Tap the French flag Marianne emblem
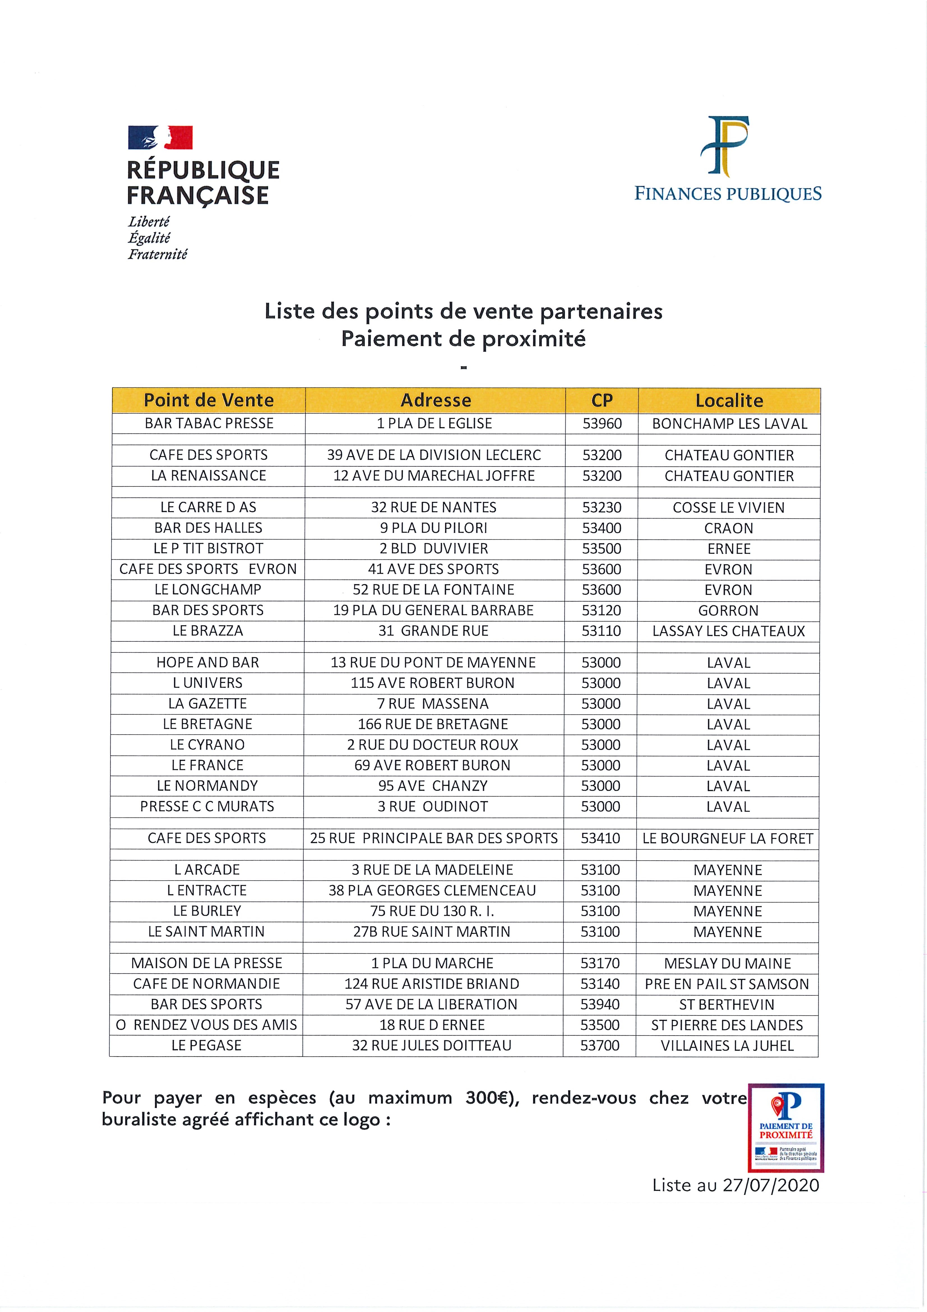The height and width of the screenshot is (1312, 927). [x=160, y=138]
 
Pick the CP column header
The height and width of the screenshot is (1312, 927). [x=602, y=400]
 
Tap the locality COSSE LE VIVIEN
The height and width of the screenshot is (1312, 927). [x=729, y=507]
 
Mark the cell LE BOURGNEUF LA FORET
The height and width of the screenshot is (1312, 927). [x=727, y=838]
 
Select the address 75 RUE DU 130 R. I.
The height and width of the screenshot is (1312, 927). [x=432, y=911]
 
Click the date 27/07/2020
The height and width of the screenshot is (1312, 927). [x=771, y=1185]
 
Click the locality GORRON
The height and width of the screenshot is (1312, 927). [x=728, y=610]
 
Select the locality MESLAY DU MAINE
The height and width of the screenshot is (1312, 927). [x=727, y=964]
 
